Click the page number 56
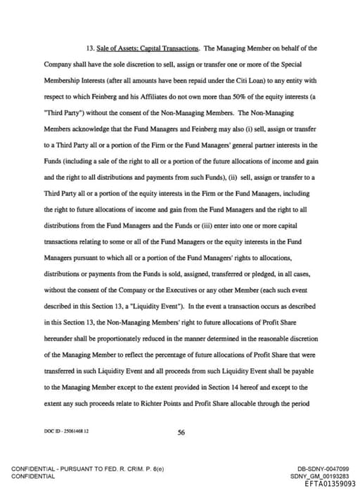(181, 433)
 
